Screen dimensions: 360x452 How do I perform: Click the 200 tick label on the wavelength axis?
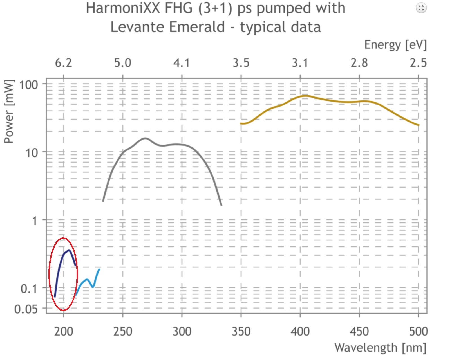pyautogui.click(x=64, y=332)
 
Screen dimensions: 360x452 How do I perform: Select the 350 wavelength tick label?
pyautogui.click(x=241, y=332)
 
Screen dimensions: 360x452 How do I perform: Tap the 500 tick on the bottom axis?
pyautogui.click(x=419, y=332)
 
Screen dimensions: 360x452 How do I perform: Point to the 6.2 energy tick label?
pyautogui.click(x=64, y=63)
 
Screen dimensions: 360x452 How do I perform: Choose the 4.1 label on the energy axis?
pyautogui.click(x=182, y=63)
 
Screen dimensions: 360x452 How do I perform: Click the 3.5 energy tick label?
pyautogui.click(x=241, y=63)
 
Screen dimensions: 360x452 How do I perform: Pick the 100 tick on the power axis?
pyautogui.click(x=28, y=85)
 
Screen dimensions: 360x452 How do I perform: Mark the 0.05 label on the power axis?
pyautogui.click(x=26, y=309)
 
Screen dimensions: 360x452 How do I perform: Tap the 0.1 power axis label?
pyautogui.click(x=29, y=289)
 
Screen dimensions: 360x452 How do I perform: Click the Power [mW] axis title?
pyautogui.click(x=9, y=111)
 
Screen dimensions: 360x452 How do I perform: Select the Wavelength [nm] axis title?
pyautogui.click(x=381, y=348)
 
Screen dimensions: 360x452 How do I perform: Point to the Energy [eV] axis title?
pyautogui.click(x=395, y=45)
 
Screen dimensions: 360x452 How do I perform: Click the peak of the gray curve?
pyautogui.click(x=145, y=138)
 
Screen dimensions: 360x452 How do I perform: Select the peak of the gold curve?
pyautogui.click(x=305, y=96)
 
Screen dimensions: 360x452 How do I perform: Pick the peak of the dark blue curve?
pyautogui.click(x=69, y=250)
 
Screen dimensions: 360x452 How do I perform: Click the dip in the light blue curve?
pyautogui.click(x=93, y=287)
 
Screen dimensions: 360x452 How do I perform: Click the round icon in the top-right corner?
pyautogui.click(x=421, y=8)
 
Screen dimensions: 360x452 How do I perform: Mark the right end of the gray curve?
pyautogui.click(x=221, y=205)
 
